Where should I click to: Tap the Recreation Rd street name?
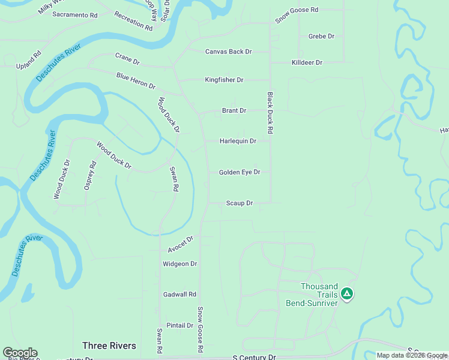(x=133, y=21)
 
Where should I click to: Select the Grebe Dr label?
(x=321, y=37)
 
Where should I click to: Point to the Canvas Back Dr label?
(x=228, y=52)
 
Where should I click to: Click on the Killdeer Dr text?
(x=307, y=62)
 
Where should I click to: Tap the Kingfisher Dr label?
(x=224, y=80)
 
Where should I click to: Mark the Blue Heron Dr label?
(x=136, y=81)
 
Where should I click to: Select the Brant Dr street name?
(x=234, y=111)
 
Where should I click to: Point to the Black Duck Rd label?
(x=270, y=112)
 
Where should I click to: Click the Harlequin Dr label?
(x=238, y=142)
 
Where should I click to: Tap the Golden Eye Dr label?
(x=240, y=172)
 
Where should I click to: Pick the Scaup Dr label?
(x=240, y=203)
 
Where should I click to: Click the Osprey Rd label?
(x=89, y=176)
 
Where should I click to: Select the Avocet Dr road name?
(x=181, y=244)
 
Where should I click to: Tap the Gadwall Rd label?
(x=179, y=295)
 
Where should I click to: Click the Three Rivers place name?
(x=109, y=346)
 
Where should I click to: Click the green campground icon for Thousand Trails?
(x=346, y=294)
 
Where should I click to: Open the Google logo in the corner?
(x=20, y=353)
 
